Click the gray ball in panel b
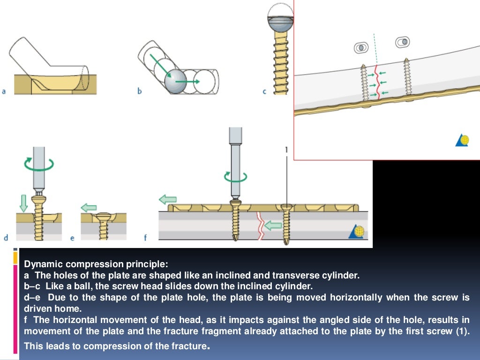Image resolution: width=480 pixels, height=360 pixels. [175, 82]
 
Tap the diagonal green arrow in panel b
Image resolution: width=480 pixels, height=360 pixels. [158, 65]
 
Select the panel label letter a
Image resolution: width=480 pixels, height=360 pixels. [4, 91]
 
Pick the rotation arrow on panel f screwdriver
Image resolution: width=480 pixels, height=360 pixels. [235, 176]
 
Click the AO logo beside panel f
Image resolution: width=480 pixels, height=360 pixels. [358, 232]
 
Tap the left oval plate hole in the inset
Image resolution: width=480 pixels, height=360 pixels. [360, 47]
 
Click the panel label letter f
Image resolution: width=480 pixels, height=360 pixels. [145, 238]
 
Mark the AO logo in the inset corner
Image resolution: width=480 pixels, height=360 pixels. [462, 140]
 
